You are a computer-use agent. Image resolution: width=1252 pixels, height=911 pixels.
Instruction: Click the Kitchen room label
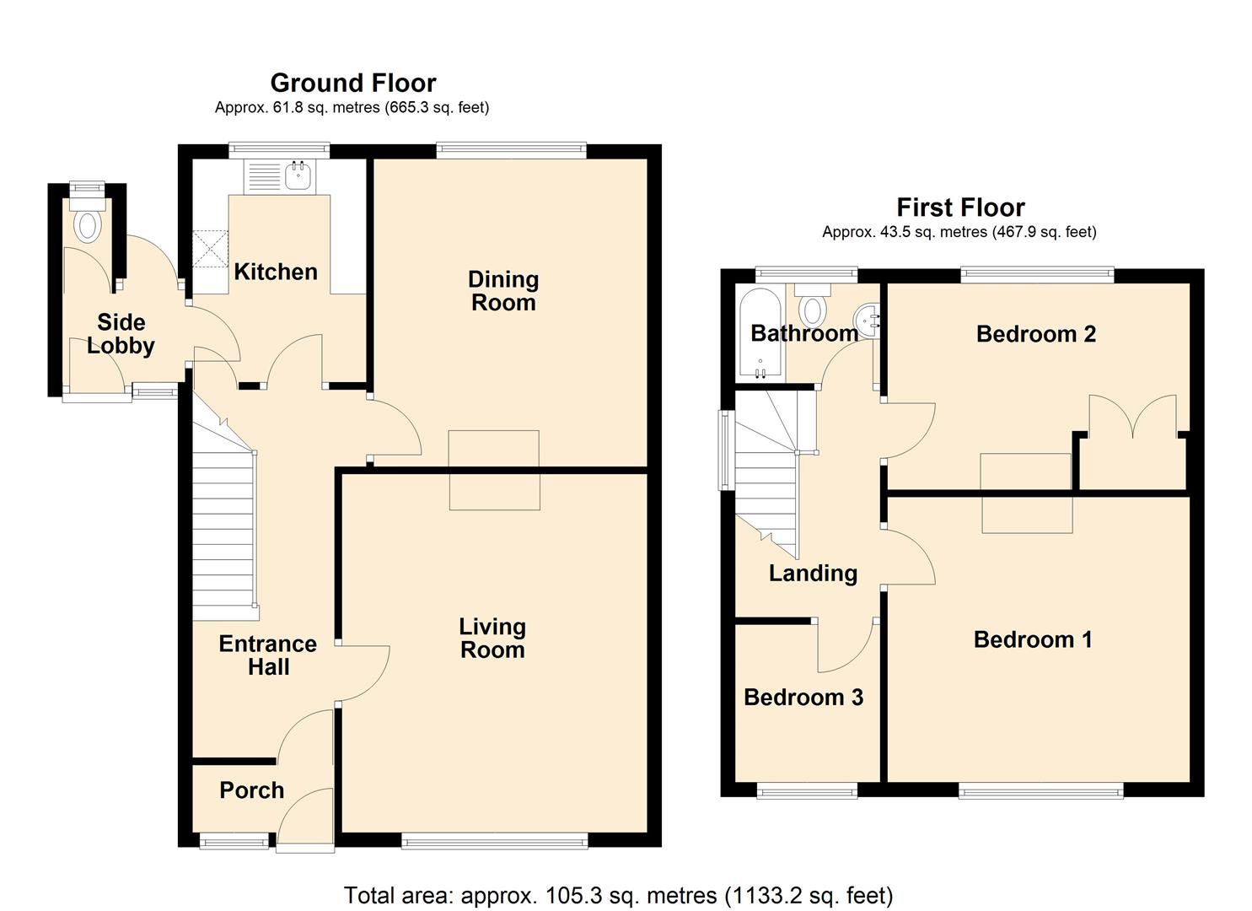276,272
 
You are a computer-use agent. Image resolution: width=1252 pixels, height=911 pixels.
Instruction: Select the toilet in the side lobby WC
88,224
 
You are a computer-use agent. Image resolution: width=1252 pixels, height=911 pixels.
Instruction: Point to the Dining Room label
503,291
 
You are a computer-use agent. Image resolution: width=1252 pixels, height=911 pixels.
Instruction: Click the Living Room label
492,638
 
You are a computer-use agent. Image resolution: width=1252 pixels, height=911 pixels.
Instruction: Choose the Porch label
251,790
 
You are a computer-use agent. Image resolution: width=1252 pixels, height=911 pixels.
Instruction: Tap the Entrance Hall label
267,655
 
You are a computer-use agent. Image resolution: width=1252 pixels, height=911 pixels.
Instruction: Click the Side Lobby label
121,334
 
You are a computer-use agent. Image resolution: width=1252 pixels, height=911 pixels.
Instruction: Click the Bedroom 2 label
1035,334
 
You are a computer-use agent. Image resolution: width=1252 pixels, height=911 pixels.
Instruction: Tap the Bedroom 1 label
1033,639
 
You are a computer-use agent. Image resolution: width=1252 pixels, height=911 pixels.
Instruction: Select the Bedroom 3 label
803,698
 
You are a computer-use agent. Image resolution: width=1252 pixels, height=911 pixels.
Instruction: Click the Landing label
813,574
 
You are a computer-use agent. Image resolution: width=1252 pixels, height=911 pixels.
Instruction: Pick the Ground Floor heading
352,83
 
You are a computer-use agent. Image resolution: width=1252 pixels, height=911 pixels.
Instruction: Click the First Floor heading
960,208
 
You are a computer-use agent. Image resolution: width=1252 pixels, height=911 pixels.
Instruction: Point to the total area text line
618,895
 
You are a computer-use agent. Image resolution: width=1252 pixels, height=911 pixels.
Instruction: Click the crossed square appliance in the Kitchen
211,249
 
